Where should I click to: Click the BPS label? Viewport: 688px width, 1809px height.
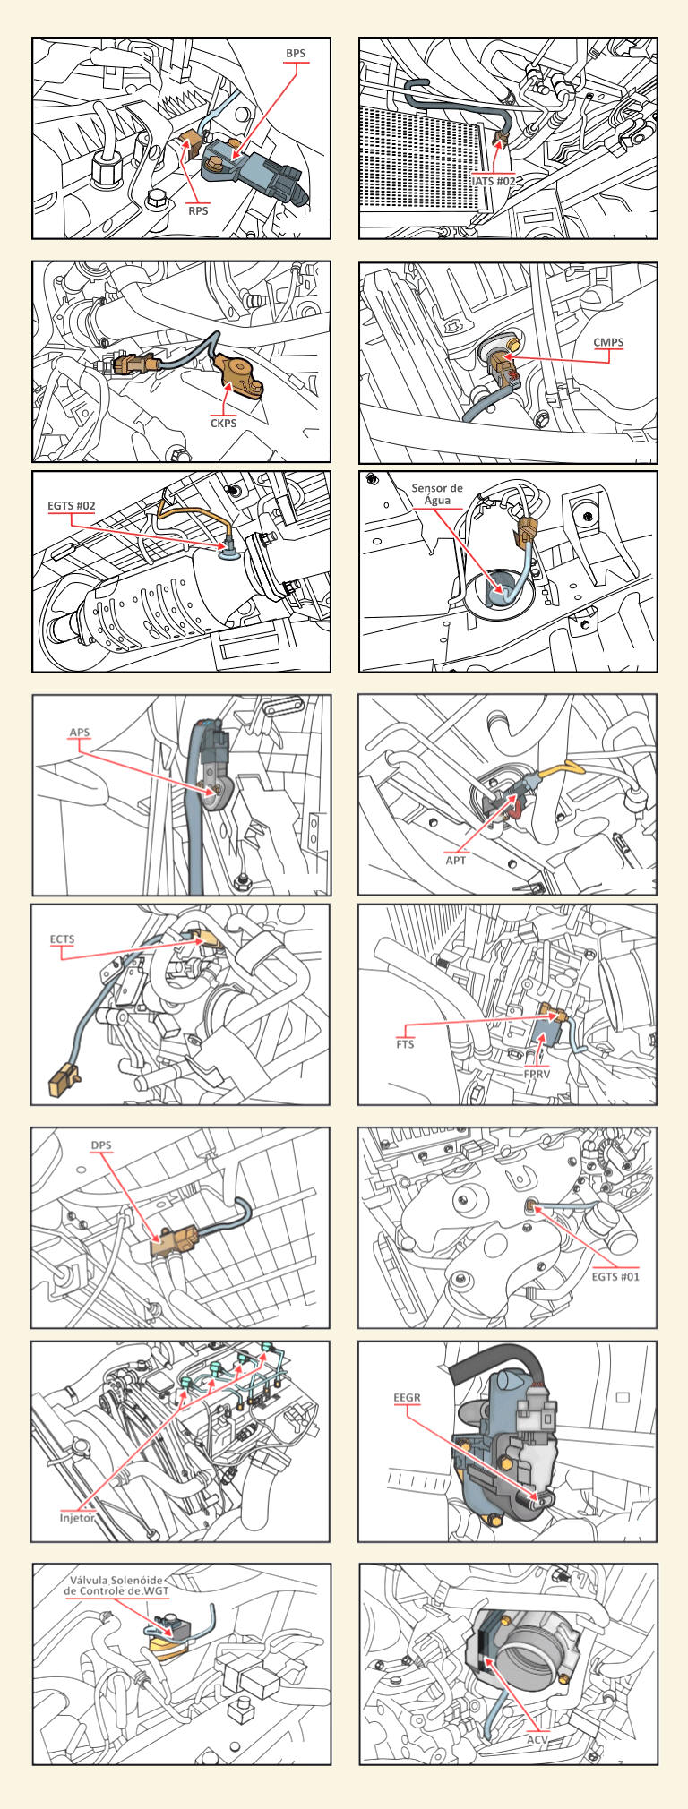(x=296, y=54)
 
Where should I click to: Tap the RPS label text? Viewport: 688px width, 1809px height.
(x=198, y=211)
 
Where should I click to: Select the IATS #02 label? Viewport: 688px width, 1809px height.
(x=494, y=180)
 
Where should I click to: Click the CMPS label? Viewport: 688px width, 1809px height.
(x=608, y=342)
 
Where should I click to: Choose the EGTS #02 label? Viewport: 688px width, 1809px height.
(x=72, y=506)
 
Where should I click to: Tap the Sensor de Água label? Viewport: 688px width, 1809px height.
(x=437, y=494)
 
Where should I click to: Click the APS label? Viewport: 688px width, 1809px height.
(x=80, y=733)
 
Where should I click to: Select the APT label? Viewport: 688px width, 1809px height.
(x=457, y=860)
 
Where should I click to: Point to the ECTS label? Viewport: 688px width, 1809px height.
(x=62, y=939)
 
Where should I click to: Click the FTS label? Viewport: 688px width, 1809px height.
(x=406, y=1044)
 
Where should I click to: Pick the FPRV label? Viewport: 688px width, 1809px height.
(x=537, y=1073)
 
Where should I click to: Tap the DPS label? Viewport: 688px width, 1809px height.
(x=100, y=1145)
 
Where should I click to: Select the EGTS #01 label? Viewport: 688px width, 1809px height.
(x=616, y=1276)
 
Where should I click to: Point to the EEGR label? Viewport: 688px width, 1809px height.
(x=407, y=1397)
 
